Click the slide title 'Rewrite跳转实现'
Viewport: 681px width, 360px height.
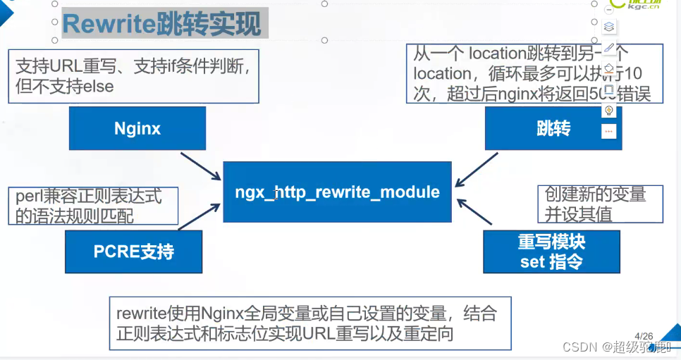161,24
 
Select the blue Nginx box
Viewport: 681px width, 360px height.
137,128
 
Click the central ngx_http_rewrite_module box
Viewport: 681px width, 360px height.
337,192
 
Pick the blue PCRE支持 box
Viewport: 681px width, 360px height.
133,252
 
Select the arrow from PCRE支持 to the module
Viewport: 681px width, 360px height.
200,217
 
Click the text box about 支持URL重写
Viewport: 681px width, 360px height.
135,75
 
